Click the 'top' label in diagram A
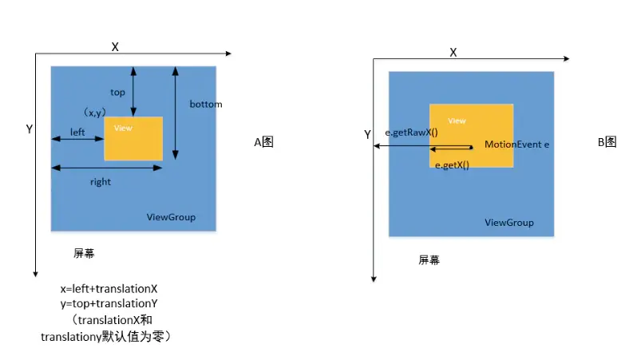(x=117, y=93)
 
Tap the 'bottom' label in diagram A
(x=205, y=105)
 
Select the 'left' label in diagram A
(x=77, y=132)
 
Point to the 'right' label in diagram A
(x=101, y=182)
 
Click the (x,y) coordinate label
(x=94, y=113)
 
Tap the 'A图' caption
(x=263, y=142)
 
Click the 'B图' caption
(x=607, y=142)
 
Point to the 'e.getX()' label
(x=452, y=165)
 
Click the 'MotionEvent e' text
(x=517, y=145)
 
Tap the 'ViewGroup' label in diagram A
(x=171, y=217)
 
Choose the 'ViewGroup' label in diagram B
(x=509, y=223)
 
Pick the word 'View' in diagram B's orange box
(x=457, y=121)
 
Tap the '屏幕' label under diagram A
(x=84, y=254)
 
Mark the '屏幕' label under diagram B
(x=429, y=260)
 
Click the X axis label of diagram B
(x=453, y=52)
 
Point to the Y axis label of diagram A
(x=29, y=129)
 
